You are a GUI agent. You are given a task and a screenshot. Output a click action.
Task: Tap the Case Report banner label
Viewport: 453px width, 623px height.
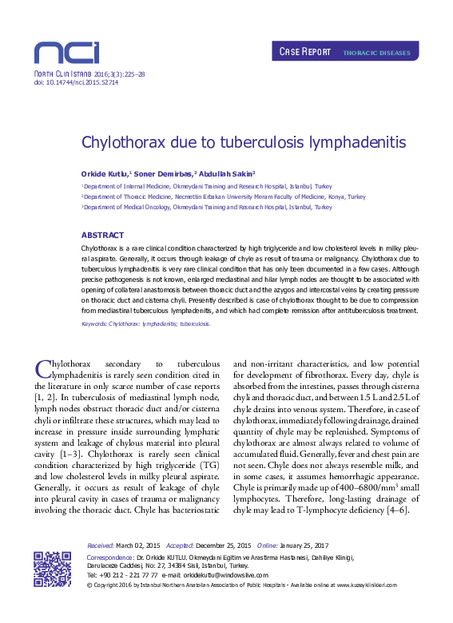pos(305,52)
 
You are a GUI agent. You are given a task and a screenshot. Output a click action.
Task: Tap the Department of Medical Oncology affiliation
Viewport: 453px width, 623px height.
pos(208,207)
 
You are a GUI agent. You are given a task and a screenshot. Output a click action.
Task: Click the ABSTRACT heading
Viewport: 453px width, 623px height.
pos(102,235)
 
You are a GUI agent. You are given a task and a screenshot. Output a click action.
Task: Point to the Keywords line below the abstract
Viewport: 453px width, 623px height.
pos(146,324)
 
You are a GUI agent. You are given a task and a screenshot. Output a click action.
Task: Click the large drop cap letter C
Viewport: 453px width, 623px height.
pos(44,368)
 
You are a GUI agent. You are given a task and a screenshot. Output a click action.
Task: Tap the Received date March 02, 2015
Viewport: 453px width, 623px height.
pos(141,544)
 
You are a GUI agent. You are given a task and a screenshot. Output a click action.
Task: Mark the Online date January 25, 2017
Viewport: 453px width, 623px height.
pos(306,544)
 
